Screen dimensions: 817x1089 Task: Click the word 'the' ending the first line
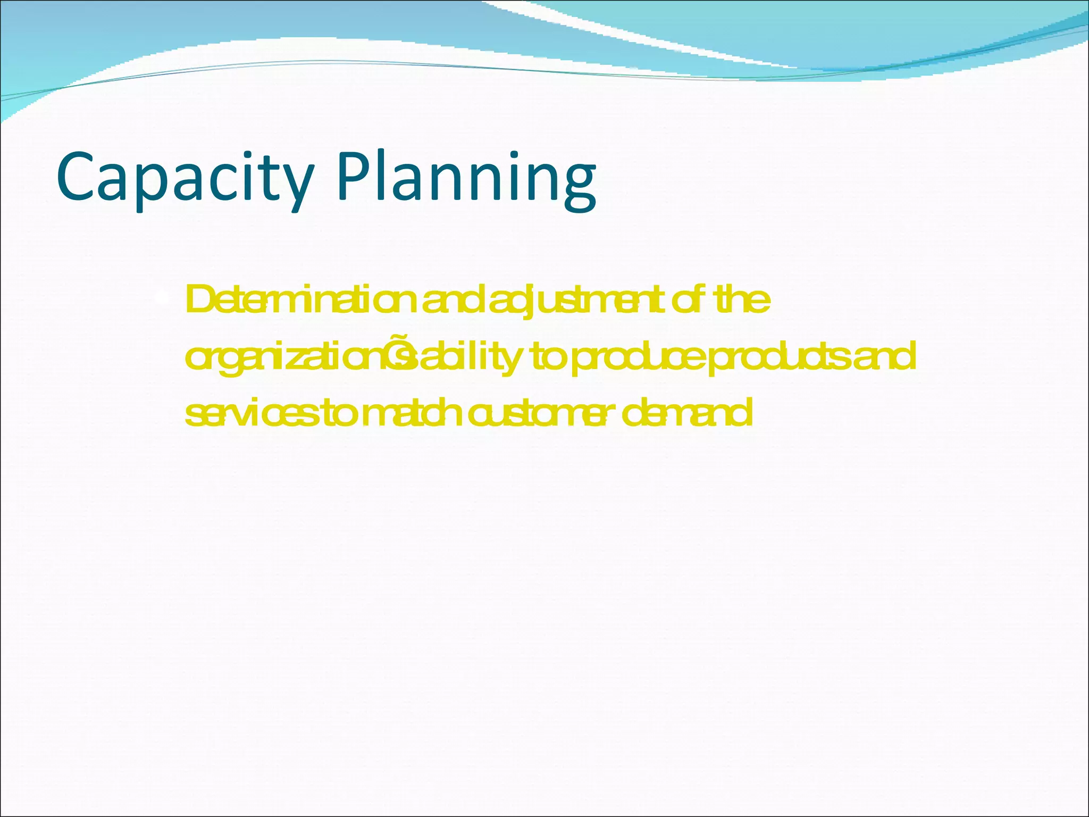pos(742,301)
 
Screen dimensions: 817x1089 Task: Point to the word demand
pos(686,413)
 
